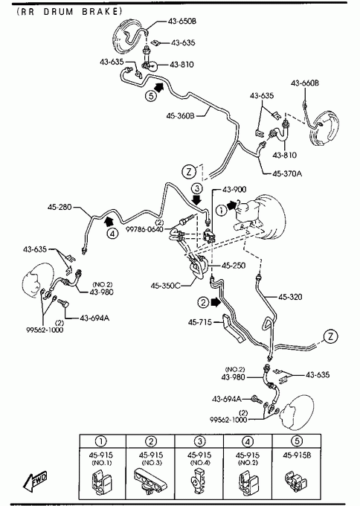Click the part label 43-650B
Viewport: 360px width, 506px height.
coord(182,22)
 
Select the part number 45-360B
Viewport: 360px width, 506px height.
coord(180,115)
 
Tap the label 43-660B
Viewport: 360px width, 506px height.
coord(305,83)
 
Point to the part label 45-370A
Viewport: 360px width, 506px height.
coord(287,173)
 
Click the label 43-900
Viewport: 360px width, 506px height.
coord(234,190)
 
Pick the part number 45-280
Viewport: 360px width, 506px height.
coord(60,207)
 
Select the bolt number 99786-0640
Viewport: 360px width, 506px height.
coord(144,230)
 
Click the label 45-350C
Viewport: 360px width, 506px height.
coord(165,286)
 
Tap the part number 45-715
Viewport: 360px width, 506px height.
coord(200,322)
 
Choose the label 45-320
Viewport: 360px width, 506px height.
coord(290,297)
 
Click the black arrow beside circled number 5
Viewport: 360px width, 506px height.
coord(158,86)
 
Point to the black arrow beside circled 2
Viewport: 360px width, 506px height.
coord(215,302)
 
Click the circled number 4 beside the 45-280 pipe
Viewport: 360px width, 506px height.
coord(112,233)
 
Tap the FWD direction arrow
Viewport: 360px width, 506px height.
coord(35,479)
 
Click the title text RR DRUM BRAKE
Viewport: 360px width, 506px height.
coord(70,12)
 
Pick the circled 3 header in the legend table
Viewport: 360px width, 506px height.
coord(199,441)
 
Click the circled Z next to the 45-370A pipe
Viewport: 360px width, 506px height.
coord(189,171)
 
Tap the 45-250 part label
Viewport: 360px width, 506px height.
coord(234,265)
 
